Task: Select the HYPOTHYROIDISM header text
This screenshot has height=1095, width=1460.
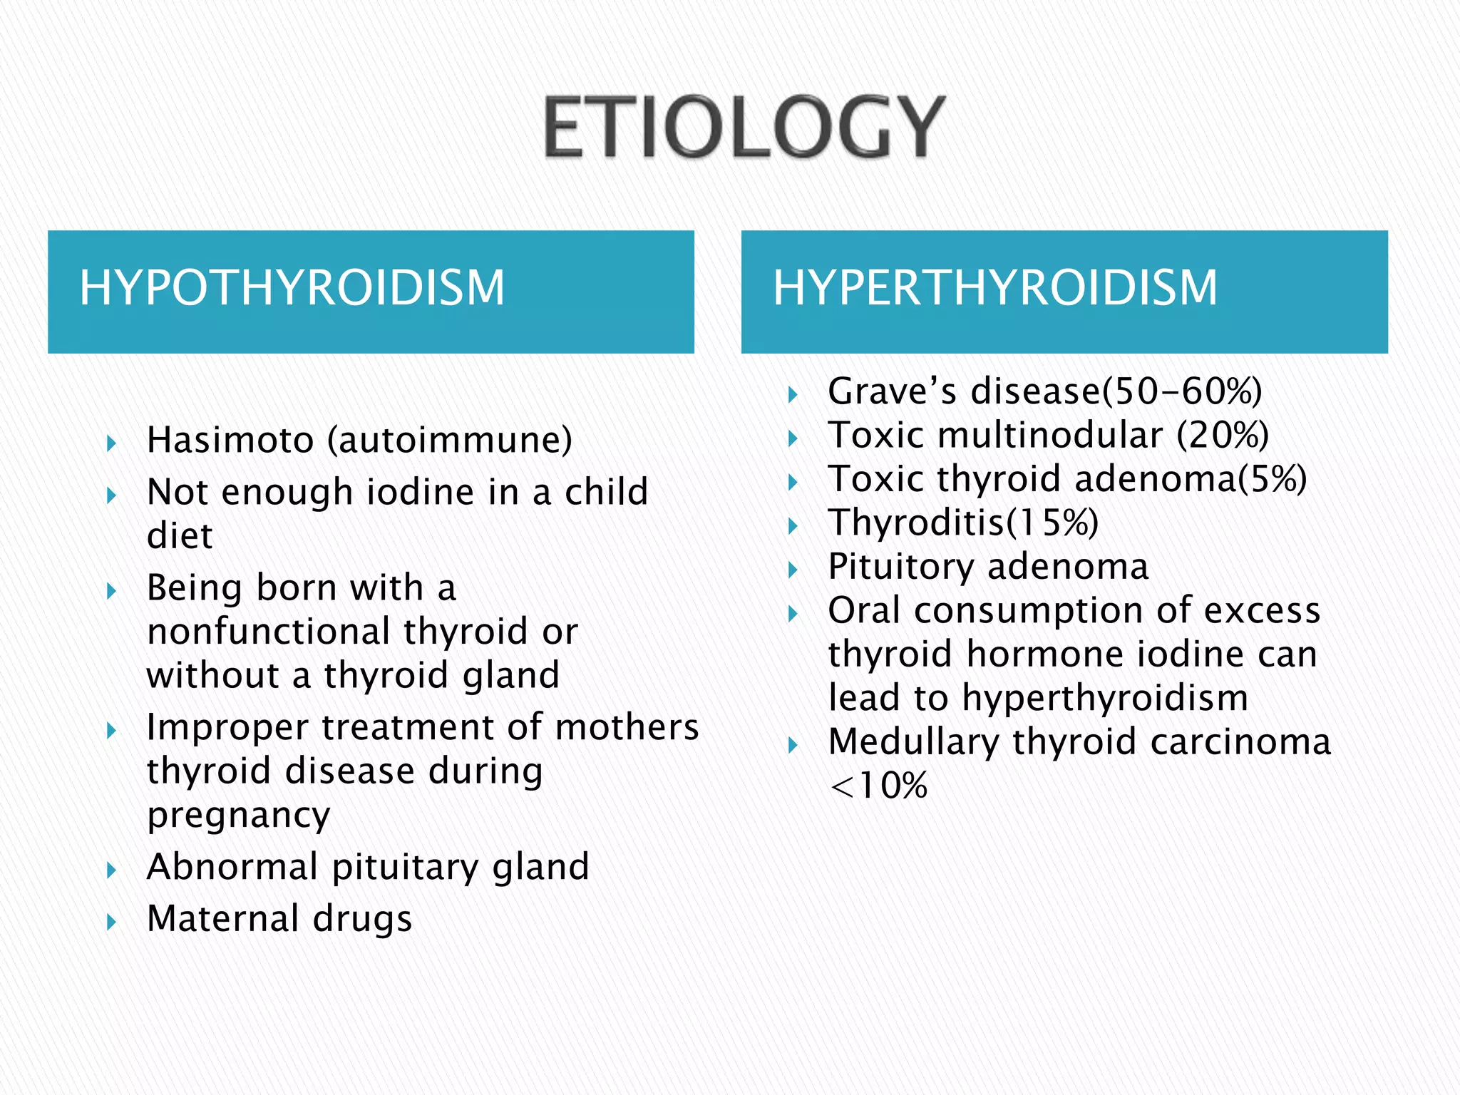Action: pyautogui.click(x=292, y=287)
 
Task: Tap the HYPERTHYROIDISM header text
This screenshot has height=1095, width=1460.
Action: pyautogui.click(x=995, y=287)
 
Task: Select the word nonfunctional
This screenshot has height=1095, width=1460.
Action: pyautogui.click(x=269, y=632)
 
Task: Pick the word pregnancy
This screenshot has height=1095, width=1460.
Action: pyautogui.click(x=239, y=815)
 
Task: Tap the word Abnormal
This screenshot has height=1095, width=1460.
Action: pyautogui.click(x=232, y=867)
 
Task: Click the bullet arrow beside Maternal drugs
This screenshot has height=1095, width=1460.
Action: pyautogui.click(x=111, y=922)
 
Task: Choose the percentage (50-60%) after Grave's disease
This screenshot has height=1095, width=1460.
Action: pyautogui.click(x=1182, y=391)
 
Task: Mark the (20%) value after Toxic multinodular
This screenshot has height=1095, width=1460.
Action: pyautogui.click(x=1223, y=435)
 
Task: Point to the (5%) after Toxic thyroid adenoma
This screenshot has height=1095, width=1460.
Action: pyautogui.click(x=1272, y=478)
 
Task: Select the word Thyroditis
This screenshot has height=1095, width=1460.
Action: pyautogui.click(x=916, y=523)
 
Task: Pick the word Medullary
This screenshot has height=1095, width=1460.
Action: pyautogui.click(x=913, y=741)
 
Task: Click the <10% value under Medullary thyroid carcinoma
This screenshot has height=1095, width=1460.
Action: pyautogui.click(x=879, y=786)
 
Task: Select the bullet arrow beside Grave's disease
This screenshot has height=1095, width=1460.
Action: pyautogui.click(x=793, y=394)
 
